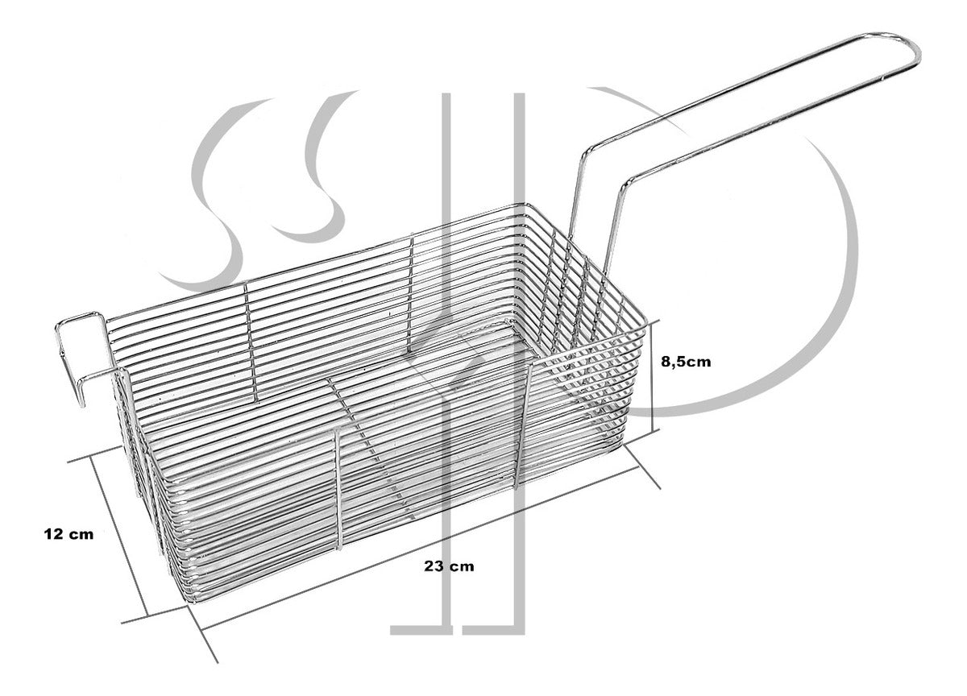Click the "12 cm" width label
[69, 533]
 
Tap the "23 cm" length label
[449, 565]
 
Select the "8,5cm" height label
[686, 362]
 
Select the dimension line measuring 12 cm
[121, 536]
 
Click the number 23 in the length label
[436, 565]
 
